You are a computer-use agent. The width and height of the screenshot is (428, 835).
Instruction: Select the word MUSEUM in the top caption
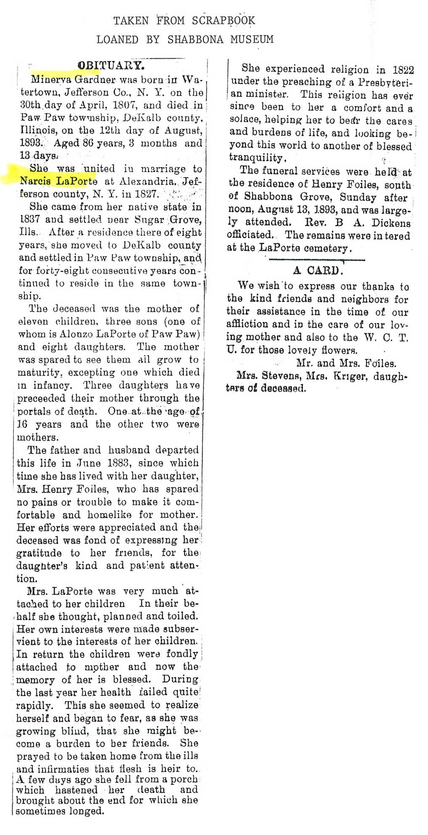click(x=252, y=39)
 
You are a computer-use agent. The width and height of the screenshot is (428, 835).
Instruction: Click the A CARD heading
click(x=318, y=270)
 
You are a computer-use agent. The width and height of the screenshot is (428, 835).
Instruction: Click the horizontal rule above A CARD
click(x=318, y=260)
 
